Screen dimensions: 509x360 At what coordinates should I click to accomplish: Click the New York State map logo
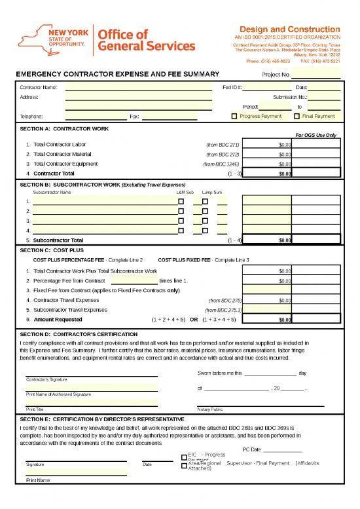41,37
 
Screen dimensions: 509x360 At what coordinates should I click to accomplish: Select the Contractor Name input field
138,87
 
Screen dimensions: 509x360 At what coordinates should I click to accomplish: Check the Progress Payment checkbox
235,117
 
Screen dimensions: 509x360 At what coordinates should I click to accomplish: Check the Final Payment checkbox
297,117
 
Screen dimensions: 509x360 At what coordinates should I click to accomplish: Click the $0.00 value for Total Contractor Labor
267,144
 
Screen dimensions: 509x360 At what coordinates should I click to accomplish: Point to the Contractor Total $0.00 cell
267,174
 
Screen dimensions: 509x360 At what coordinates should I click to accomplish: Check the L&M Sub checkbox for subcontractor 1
181,201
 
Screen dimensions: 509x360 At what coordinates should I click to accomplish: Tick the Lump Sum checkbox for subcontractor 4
205,231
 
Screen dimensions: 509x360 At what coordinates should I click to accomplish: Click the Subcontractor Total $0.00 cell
267,240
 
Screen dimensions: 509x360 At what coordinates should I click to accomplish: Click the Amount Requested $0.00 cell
267,320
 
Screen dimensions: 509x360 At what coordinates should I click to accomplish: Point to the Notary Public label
210,409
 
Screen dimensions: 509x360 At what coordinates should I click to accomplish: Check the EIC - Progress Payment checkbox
183,457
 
